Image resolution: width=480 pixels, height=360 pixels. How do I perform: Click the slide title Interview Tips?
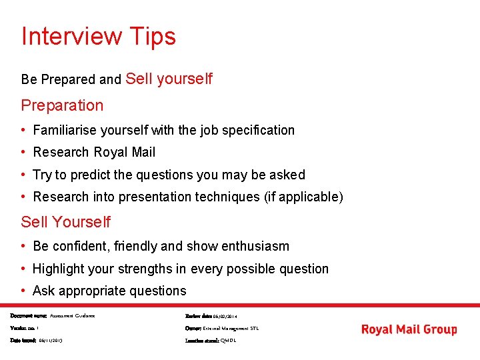point(99,36)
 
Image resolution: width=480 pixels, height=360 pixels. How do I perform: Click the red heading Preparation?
point(62,105)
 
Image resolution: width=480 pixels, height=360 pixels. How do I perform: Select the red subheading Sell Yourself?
point(65,222)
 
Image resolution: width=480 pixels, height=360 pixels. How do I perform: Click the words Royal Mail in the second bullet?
point(124,152)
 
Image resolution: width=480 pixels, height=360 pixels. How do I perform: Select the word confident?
point(80,246)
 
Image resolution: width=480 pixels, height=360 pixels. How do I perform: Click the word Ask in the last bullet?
point(44,291)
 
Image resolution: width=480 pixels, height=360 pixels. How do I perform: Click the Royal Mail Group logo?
point(409,329)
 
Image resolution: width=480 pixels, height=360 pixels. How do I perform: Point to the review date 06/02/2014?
point(225,316)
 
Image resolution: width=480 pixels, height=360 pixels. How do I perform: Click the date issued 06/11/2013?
point(50,341)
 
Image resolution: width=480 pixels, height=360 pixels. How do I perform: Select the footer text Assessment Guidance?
point(72,316)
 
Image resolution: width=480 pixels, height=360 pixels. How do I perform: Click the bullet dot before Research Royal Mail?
point(24,152)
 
